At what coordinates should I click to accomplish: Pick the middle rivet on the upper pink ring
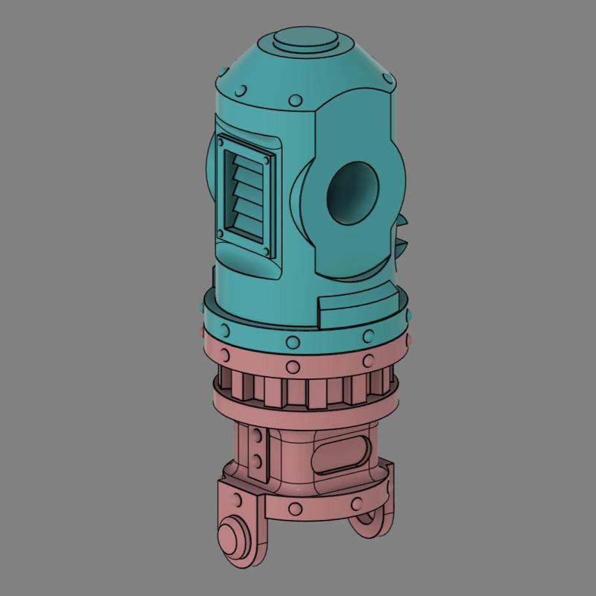click(295, 367)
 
